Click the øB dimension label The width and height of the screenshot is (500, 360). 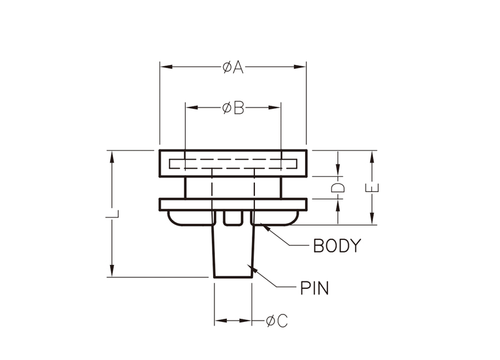click(232, 108)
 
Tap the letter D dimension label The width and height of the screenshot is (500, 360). click(337, 187)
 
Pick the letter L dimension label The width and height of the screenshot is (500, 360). click(112, 214)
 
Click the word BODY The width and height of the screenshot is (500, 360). click(337, 246)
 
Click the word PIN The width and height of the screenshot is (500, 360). click(314, 288)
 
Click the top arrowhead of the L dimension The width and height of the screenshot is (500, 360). click(112, 156)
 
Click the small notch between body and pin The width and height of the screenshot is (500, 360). click(233, 217)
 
